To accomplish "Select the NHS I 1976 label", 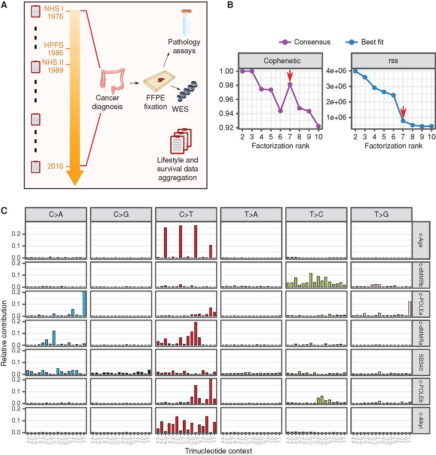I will (x=54, y=12).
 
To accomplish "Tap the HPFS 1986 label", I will (x=54, y=49).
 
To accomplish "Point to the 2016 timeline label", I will (x=55, y=166).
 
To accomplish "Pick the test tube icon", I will (x=187, y=22).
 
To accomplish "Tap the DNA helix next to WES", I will (x=187, y=92).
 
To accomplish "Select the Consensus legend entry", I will (x=305, y=42).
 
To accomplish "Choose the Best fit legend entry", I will (x=365, y=42).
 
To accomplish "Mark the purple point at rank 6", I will (x=280, y=111).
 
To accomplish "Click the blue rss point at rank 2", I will (x=355, y=71).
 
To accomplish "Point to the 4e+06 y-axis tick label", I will (x=336, y=71).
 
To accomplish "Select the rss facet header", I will (x=393, y=61).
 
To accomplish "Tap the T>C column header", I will (x=316, y=214).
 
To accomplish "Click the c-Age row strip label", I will (x=420, y=240).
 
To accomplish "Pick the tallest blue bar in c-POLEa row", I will (x=84, y=303).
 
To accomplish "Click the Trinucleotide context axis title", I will (x=218, y=451).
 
